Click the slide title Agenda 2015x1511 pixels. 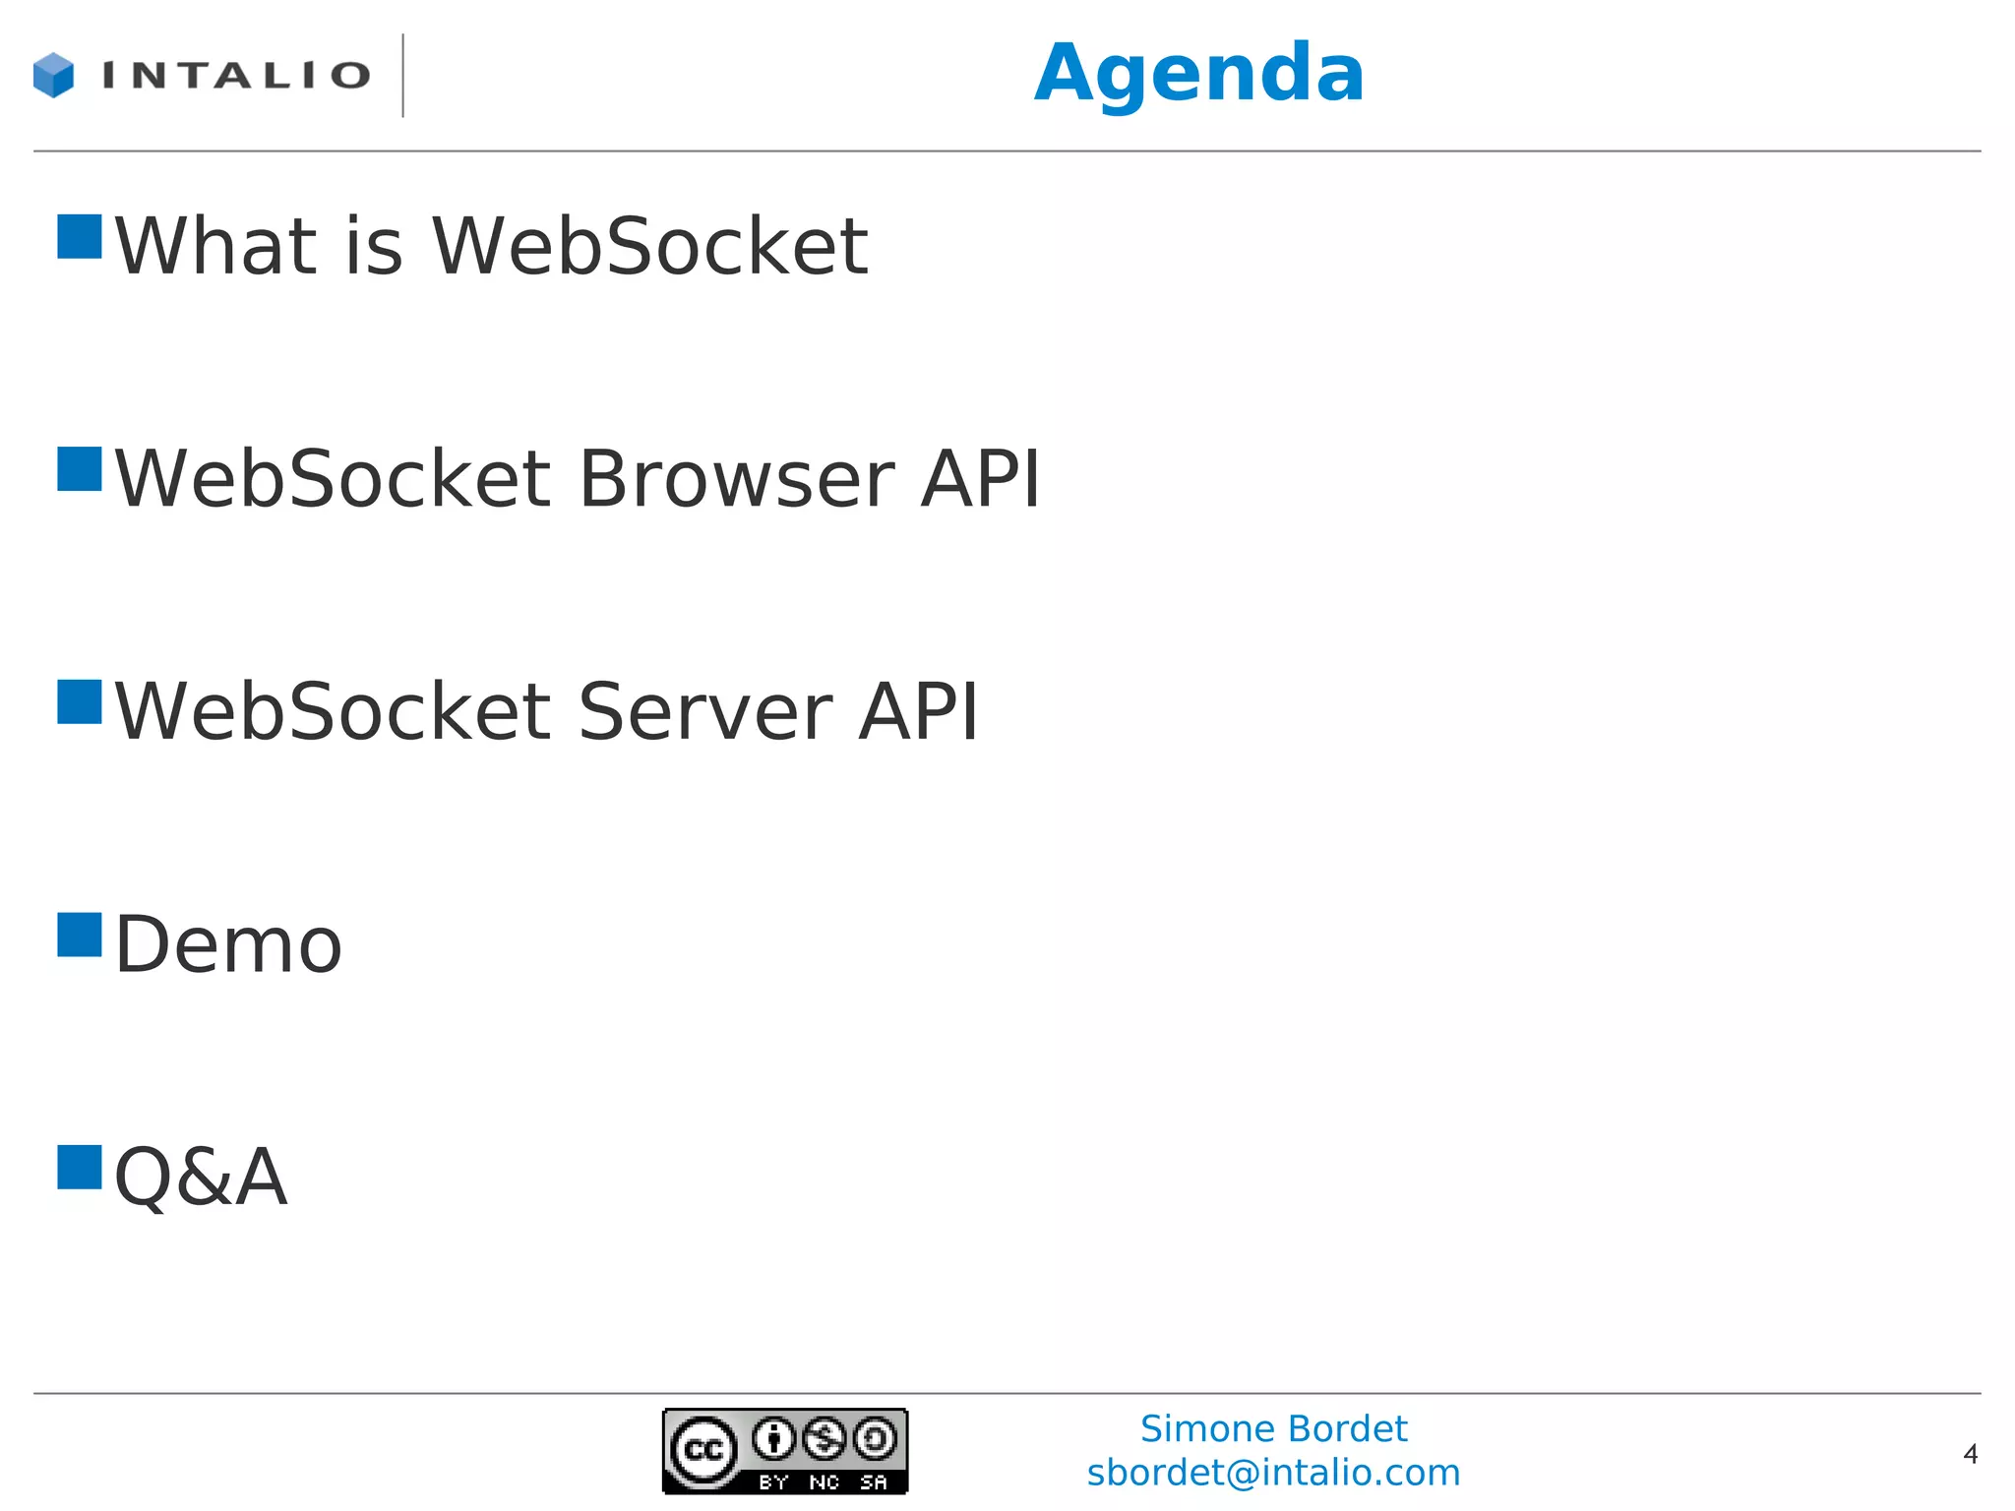[x=1198, y=74]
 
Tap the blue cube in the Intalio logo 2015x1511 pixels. [x=53, y=76]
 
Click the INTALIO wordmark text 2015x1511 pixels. [x=236, y=76]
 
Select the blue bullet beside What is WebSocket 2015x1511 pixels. [x=80, y=237]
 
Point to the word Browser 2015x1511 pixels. [x=737, y=479]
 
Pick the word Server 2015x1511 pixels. [x=704, y=711]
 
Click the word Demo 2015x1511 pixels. [x=228, y=944]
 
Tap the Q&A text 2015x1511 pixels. [x=201, y=1177]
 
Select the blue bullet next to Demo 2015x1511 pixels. [x=80, y=935]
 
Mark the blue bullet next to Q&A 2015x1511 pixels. [x=80, y=1168]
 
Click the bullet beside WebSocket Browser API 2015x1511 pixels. [x=80, y=469]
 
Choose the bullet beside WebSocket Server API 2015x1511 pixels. [x=80, y=702]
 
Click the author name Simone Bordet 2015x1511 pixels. [x=1273, y=1428]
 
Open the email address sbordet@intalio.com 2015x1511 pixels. [x=1273, y=1473]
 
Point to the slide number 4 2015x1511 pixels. [x=1970, y=1454]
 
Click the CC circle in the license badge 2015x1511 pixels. [x=703, y=1450]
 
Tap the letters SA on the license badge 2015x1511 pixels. [x=874, y=1481]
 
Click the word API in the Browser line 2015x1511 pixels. [x=980, y=479]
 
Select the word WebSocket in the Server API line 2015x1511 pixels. [x=333, y=711]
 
